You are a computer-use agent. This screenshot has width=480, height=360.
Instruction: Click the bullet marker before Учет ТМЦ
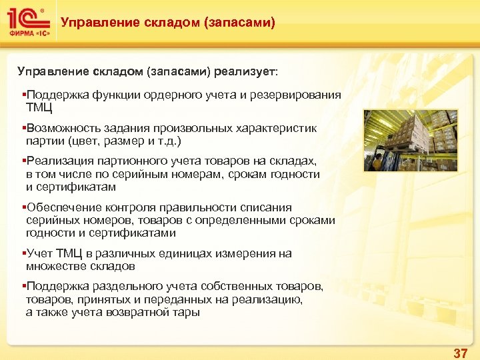pos(23,253)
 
